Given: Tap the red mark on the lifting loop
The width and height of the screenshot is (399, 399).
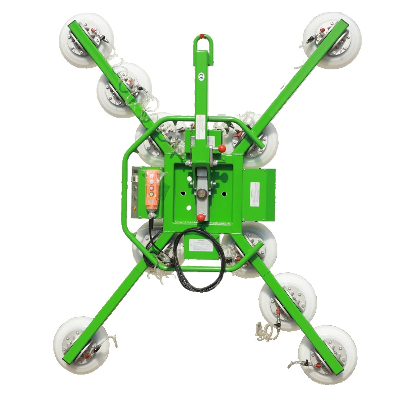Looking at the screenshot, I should point(201,36).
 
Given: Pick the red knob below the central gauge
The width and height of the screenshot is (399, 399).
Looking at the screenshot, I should point(201,217).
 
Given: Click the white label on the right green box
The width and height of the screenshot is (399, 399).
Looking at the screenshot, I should point(255,194).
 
